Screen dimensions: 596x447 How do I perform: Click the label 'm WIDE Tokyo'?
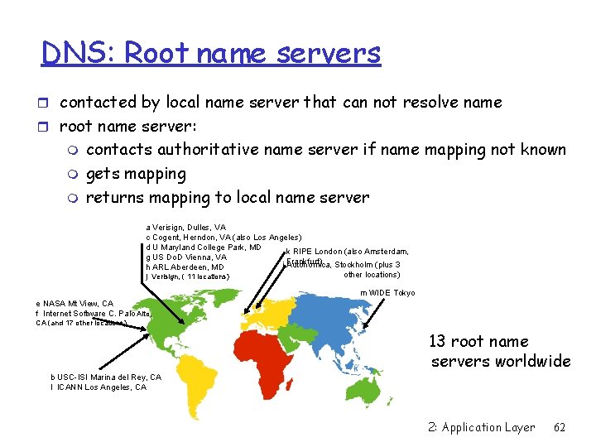pos(387,293)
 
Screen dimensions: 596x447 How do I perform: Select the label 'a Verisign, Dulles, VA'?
pos(185,227)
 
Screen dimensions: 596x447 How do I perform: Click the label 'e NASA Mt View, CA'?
pos(75,304)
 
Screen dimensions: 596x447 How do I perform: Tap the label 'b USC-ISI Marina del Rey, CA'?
pos(106,377)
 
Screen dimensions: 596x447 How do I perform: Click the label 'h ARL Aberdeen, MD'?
pos(185,267)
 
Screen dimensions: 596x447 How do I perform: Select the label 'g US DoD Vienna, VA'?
pos(185,257)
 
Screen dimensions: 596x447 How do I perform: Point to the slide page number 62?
pos(560,427)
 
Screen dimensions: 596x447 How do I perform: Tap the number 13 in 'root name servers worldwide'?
pos(438,341)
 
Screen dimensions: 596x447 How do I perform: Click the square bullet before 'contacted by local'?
pos(48,103)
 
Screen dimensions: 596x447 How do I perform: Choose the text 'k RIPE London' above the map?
pos(313,252)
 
